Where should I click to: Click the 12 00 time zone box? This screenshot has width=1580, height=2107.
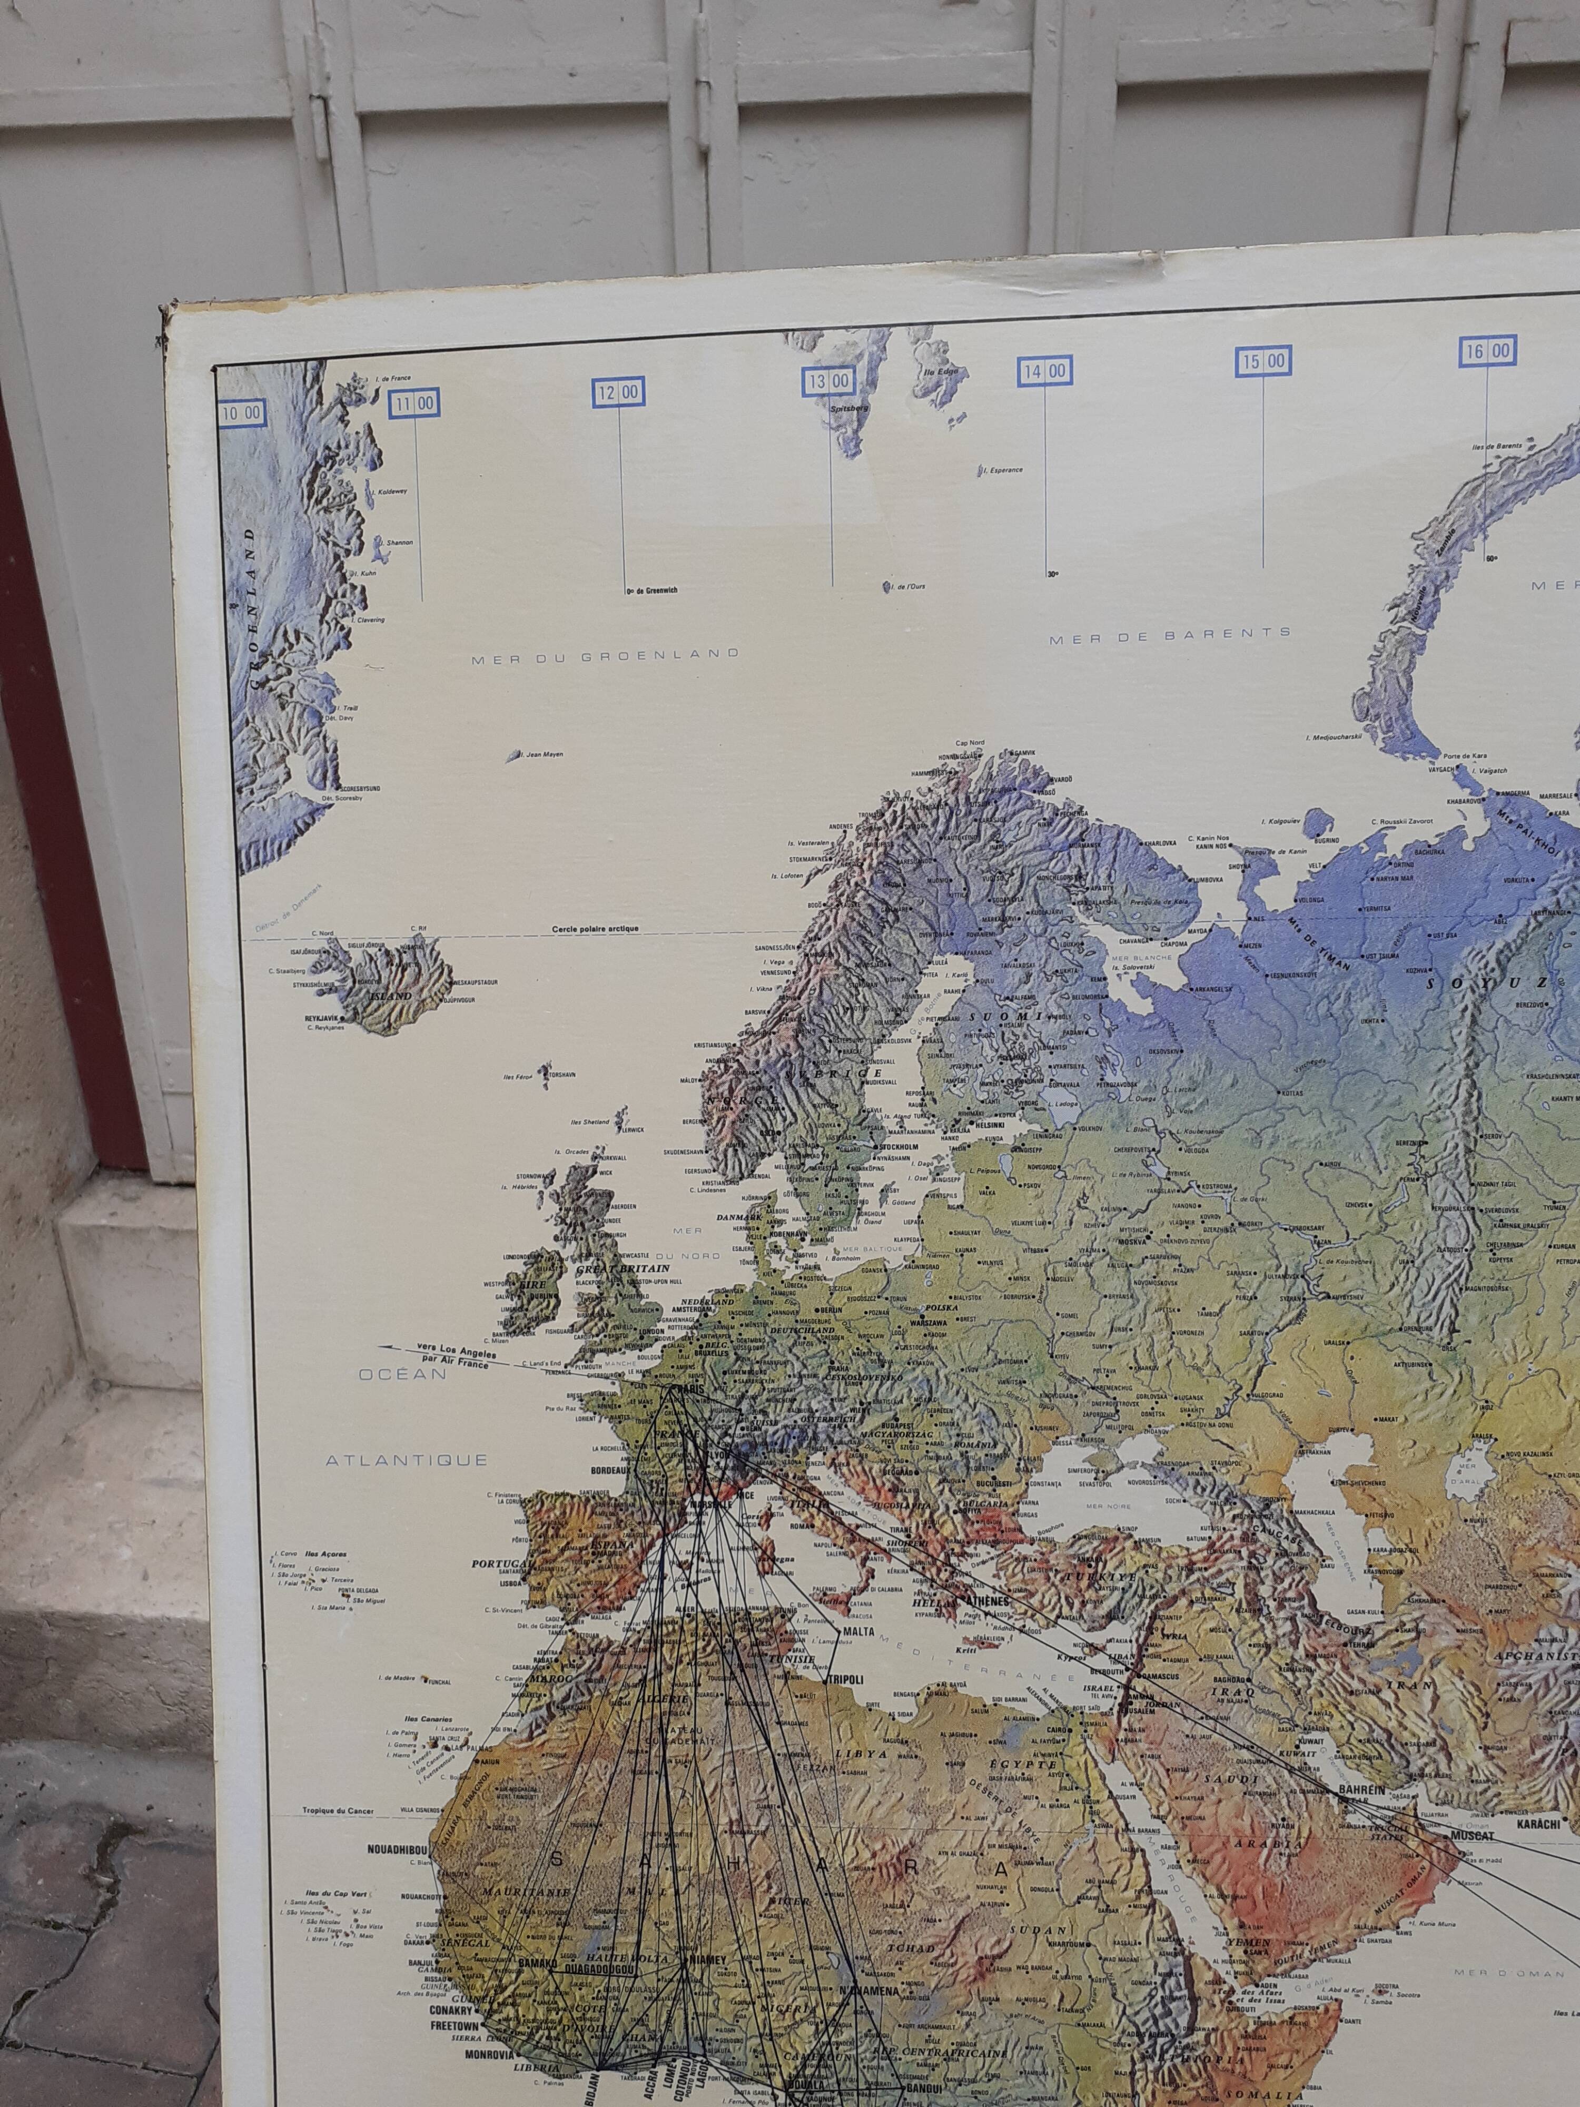(x=619, y=391)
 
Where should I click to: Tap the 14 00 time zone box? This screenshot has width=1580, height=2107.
(x=1045, y=370)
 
